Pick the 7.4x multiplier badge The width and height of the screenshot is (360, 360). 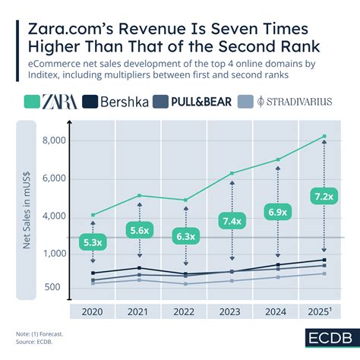coord(232,221)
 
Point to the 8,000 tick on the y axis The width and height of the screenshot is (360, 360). coord(54,141)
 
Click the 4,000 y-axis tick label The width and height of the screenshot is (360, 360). coord(54,216)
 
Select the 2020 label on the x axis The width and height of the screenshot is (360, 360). coord(93,311)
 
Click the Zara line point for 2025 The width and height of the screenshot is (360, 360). coord(324,137)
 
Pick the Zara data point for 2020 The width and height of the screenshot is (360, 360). coord(93,215)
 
